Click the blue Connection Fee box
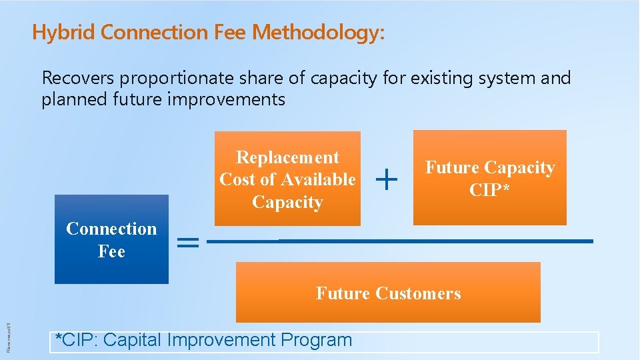[x=111, y=240]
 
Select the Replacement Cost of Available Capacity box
[x=287, y=179]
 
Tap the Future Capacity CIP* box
[x=489, y=178]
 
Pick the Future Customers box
[x=388, y=293]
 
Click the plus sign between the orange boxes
[x=387, y=178]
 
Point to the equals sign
[x=189, y=243]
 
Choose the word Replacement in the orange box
[x=287, y=157]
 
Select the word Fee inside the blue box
[x=111, y=251]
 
